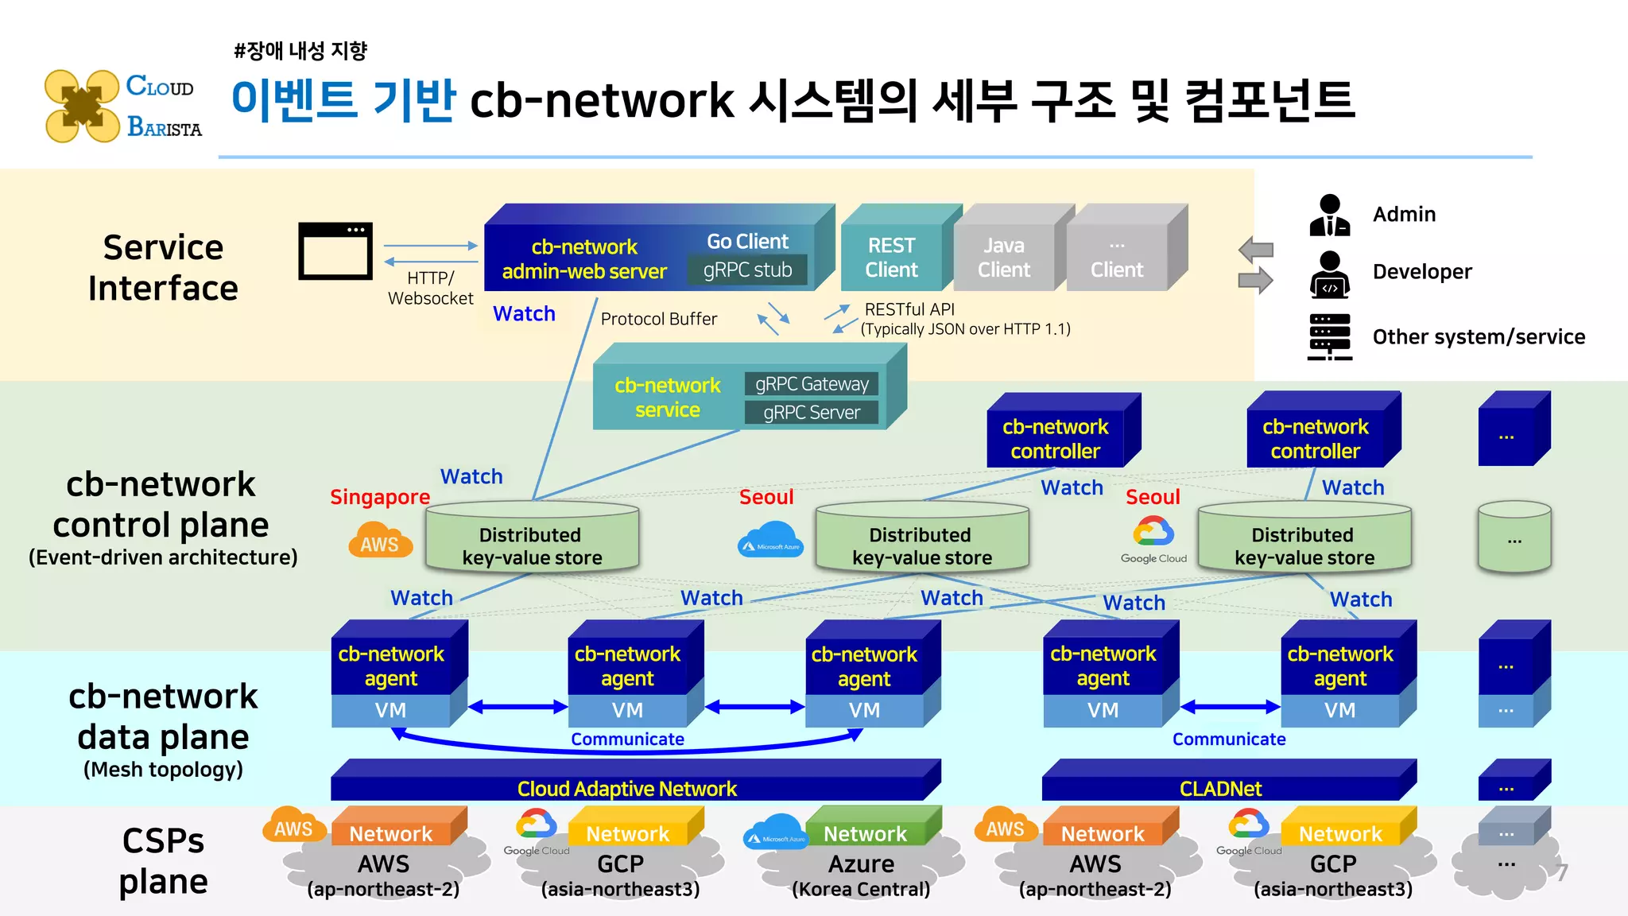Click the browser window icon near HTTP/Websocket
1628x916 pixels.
click(x=335, y=251)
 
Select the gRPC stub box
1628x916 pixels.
click(x=747, y=270)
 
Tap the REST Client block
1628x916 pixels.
click(x=891, y=258)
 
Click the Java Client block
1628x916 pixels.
click(x=1003, y=258)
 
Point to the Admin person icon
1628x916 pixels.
click(x=1329, y=215)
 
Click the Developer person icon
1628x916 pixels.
click(x=1329, y=274)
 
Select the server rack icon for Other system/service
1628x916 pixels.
click(x=1329, y=337)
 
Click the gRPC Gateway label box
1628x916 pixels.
click(x=812, y=384)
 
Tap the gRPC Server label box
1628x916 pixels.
click(x=812, y=413)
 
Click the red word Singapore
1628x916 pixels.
click(x=380, y=497)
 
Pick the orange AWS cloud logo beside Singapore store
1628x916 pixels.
click(x=380, y=541)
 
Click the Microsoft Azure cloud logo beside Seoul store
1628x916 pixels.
click(x=770, y=541)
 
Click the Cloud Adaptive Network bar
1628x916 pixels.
click(x=627, y=788)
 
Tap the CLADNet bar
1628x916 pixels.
click(x=1220, y=788)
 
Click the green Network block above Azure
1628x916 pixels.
click(x=865, y=833)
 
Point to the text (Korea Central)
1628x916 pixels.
click(x=861, y=889)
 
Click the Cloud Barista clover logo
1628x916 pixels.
click(x=82, y=107)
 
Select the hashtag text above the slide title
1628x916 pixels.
click(x=300, y=51)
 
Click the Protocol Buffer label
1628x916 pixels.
click(x=658, y=319)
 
